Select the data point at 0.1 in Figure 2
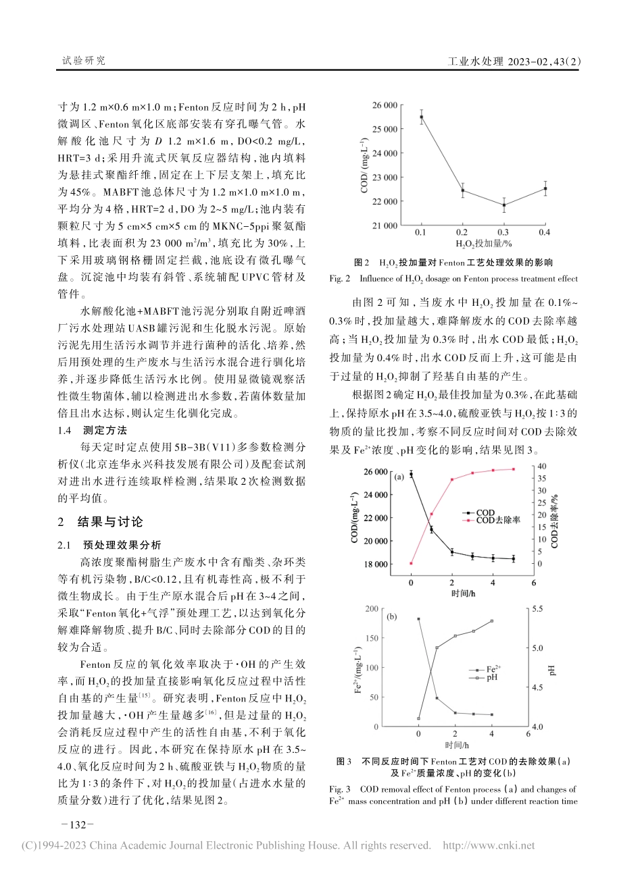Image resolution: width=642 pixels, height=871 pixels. pyautogui.click(x=422, y=117)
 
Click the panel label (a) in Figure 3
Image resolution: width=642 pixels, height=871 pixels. pyautogui.click(x=399, y=476)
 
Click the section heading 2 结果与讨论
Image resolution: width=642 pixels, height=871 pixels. pyautogui.click(x=102, y=522)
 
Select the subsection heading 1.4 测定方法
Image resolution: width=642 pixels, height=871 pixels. pyautogui.click(x=93, y=430)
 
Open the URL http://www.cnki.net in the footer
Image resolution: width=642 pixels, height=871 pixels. pyautogui.click(x=487, y=845)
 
